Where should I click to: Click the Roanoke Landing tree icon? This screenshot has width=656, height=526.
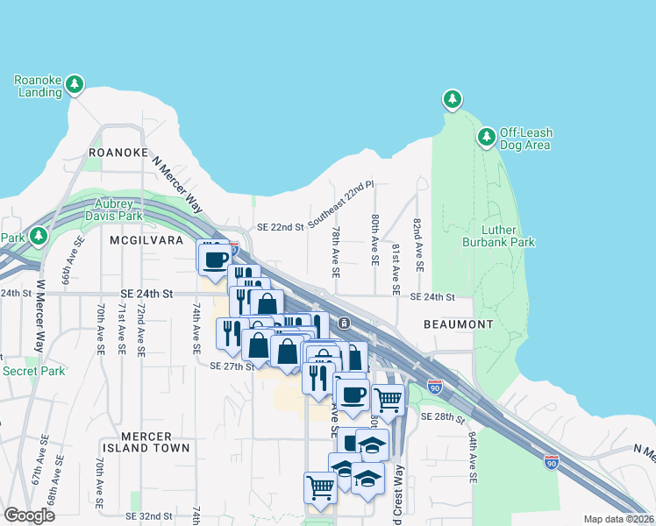(76, 83)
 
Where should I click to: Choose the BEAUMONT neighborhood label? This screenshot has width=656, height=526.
(458, 324)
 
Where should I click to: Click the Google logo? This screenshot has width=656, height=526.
(29, 515)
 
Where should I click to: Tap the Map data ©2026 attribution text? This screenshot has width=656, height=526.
(617, 519)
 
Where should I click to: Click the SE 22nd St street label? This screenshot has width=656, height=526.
(280, 227)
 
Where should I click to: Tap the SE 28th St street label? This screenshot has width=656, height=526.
(442, 418)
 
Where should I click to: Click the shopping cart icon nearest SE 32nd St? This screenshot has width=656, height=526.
(320, 487)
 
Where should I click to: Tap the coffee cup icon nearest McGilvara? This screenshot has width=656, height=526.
(215, 259)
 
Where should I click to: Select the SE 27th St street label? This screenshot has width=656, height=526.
(232, 366)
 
